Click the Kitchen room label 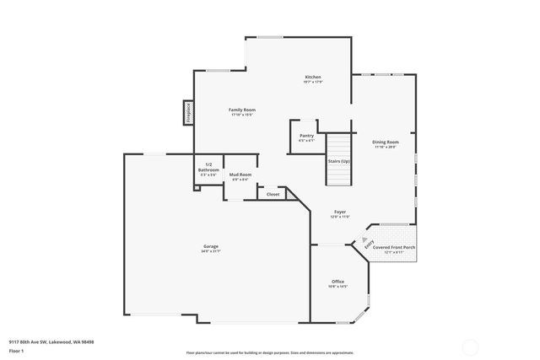313,78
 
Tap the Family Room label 242,110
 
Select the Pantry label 306,136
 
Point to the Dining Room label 386,142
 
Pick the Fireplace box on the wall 188,113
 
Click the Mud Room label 240,174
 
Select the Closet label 273,194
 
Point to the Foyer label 340,212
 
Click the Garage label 210,246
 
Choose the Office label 337,282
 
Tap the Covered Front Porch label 399,247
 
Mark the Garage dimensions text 210,251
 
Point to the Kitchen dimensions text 313,83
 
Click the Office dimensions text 337,287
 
